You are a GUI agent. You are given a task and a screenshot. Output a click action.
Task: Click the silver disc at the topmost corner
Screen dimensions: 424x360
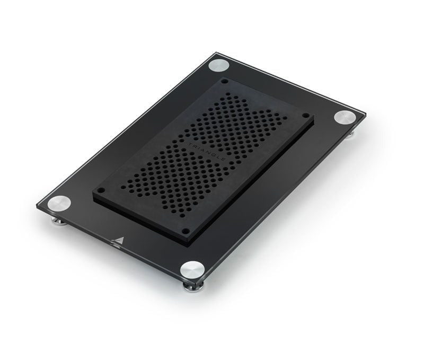pos(219,65)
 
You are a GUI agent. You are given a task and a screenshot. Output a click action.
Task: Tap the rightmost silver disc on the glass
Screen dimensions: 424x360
pos(345,117)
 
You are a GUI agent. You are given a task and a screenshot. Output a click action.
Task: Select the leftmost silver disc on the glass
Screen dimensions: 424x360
pos(59,203)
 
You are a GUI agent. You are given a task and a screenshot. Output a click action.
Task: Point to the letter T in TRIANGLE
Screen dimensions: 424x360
pos(191,144)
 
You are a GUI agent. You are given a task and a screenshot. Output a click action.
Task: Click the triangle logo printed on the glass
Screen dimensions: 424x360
pos(118,242)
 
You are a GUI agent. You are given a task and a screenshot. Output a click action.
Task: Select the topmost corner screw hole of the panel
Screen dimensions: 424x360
pos(225,81)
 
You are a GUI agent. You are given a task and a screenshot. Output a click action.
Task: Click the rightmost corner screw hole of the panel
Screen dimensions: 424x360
pos(306,115)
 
